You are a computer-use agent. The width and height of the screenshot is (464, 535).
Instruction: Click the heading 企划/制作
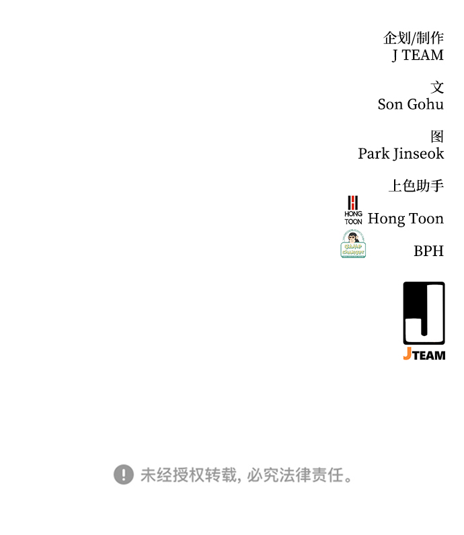(413, 38)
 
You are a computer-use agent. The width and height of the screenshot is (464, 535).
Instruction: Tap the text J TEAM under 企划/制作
(418, 55)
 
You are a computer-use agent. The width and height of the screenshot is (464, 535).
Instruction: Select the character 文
(437, 87)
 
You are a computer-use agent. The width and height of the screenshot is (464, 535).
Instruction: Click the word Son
(390, 104)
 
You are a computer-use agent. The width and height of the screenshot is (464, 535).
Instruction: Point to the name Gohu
(425, 104)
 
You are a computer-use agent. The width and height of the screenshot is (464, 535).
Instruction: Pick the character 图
(437, 136)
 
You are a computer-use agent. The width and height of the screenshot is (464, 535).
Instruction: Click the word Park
(373, 153)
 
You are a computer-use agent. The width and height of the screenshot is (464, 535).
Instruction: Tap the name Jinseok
(419, 153)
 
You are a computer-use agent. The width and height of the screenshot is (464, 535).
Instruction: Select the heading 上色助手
(416, 186)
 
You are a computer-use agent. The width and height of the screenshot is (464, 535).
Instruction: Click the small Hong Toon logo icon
(353, 210)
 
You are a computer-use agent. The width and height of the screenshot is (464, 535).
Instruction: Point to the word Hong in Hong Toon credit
(386, 218)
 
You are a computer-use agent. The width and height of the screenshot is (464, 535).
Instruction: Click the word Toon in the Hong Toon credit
(426, 218)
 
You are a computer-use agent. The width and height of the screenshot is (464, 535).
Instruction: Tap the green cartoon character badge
(353, 244)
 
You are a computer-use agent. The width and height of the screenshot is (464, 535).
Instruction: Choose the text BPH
(428, 251)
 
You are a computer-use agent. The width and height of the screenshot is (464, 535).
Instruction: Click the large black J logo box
(424, 313)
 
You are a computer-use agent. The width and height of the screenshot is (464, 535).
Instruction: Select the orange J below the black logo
(407, 354)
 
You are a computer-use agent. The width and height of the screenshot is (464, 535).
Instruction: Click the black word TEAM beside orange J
(429, 355)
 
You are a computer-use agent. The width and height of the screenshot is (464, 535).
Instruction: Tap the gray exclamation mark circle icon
(124, 475)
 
